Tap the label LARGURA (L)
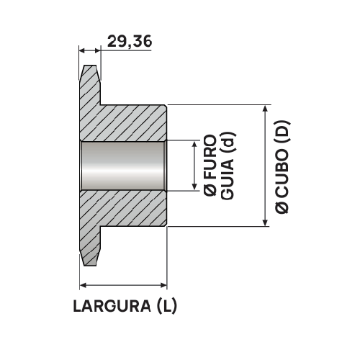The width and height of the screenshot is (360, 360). pyautogui.click(x=125, y=306)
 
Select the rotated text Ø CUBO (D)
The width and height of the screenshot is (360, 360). pyautogui.click(x=282, y=166)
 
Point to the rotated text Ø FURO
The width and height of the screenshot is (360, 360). pyautogui.click(x=209, y=165)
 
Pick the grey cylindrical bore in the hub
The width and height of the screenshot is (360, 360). pyautogui.click(x=123, y=166)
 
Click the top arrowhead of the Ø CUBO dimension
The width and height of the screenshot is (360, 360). pyautogui.click(x=266, y=109)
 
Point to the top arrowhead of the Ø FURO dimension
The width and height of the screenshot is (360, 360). pyautogui.click(x=194, y=144)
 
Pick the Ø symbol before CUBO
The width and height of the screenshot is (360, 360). pyautogui.click(x=282, y=207)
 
